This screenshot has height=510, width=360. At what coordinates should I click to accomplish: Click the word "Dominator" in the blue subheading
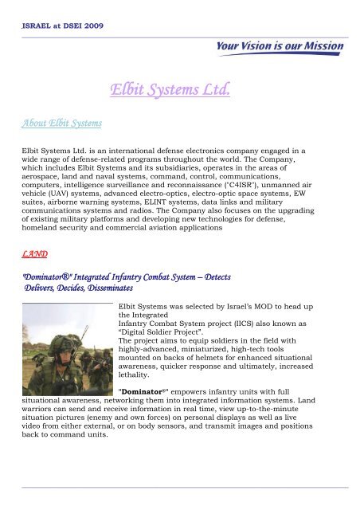pos(49,275)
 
